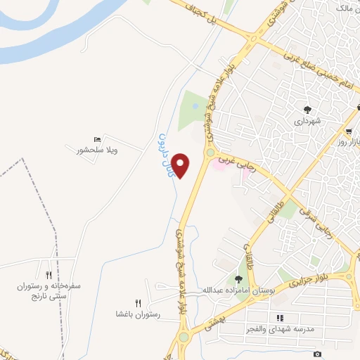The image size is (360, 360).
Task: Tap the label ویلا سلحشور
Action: (x=97, y=150)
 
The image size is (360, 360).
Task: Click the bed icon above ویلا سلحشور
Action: (x=97, y=140)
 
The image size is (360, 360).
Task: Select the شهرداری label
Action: (x=308, y=120)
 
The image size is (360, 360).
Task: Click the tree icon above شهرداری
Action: (x=307, y=109)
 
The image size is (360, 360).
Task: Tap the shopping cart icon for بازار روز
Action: (x=349, y=131)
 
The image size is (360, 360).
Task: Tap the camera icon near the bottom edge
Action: (x=318, y=354)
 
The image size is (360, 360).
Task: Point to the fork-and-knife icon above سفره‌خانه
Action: (x=49, y=275)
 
